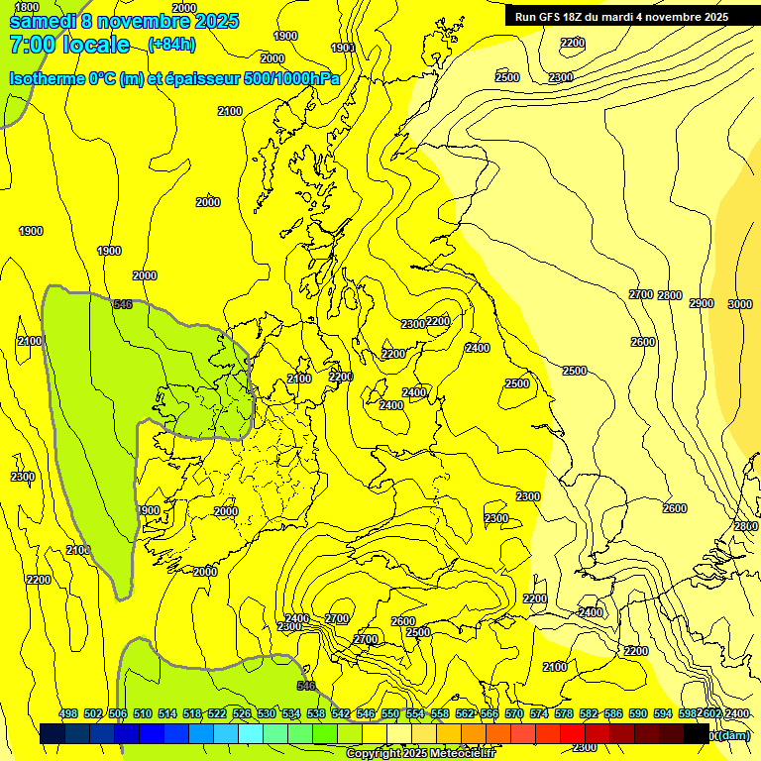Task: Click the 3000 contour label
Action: click(x=740, y=304)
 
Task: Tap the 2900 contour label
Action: click(x=701, y=303)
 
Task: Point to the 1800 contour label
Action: click(x=27, y=7)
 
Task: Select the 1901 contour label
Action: click(x=343, y=48)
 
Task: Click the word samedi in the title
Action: click(x=43, y=21)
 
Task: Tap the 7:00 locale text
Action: click(x=69, y=45)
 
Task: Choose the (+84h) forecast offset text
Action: click(x=171, y=45)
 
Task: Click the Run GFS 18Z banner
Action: click(x=621, y=16)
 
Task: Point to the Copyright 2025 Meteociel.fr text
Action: click(x=420, y=754)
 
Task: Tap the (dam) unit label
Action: click(x=733, y=735)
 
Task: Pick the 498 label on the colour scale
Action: click(x=68, y=713)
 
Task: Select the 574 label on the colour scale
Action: click(x=539, y=713)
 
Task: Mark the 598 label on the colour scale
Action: click(x=687, y=713)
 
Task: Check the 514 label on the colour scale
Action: click(x=167, y=713)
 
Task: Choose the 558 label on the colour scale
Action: click(x=440, y=713)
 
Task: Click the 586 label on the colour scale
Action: click(x=613, y=713)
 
